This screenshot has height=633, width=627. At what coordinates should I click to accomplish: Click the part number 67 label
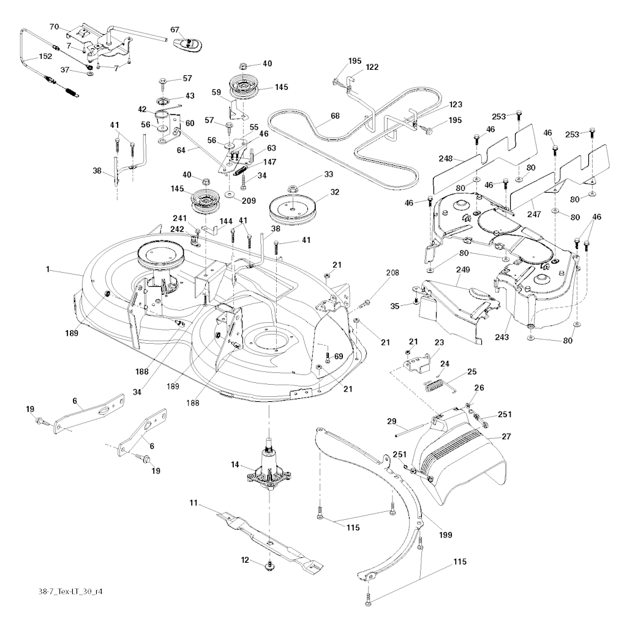(175, 29)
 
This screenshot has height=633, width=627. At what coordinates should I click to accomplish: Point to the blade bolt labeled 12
(269, 567)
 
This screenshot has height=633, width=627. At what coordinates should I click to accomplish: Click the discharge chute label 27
(506, 436)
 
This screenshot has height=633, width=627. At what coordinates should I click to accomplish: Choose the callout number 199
(445, 535)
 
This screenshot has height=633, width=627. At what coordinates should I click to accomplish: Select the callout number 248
(445, 159)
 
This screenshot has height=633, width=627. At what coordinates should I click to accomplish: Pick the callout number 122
(372, 67)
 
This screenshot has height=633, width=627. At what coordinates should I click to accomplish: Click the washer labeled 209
(230, 194)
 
